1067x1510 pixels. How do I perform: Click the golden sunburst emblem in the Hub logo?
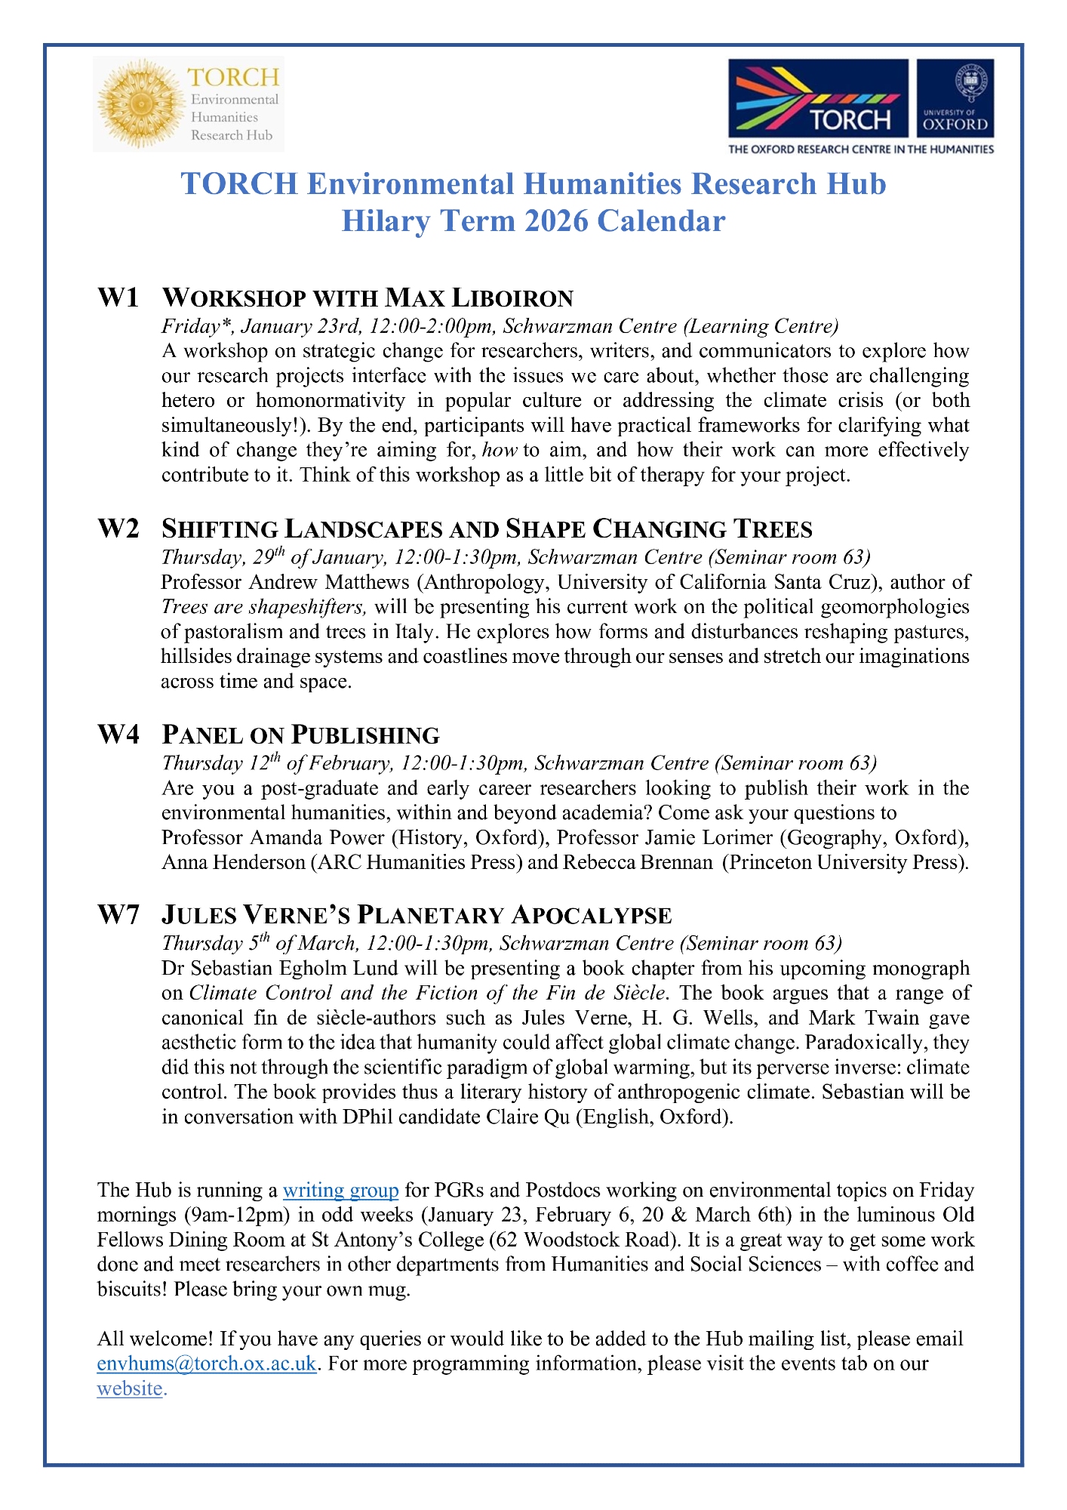[138, 104]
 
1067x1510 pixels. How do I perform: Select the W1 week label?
[118, 297]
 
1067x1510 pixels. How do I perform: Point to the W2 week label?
[118, 528]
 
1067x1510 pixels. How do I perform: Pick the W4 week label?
[118, 735]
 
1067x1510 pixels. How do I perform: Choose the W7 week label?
[118, 915]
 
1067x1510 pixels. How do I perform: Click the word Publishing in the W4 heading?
[365, 735]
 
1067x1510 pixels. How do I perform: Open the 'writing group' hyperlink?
[340, 1191]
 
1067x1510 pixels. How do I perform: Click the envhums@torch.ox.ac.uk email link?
[207, 1364]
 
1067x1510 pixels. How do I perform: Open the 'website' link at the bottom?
[130, 1388]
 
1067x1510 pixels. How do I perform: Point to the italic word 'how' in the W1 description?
[500, 451]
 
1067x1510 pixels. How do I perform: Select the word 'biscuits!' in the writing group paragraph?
[132, 1289]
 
